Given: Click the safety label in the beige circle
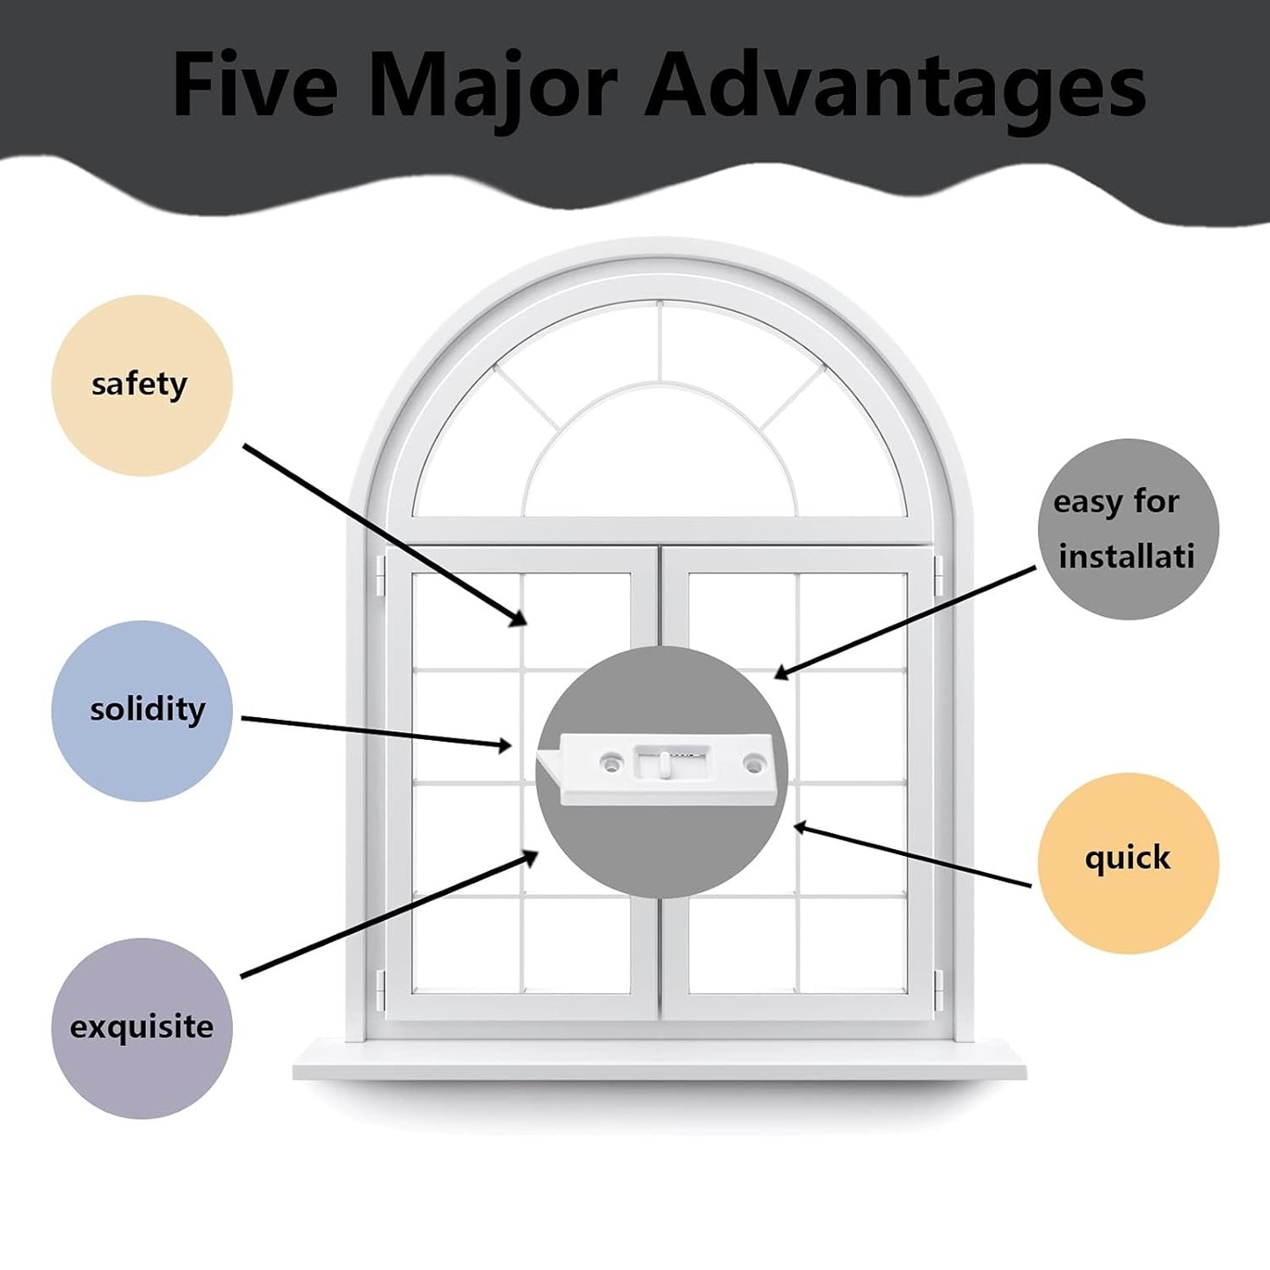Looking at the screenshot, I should [139, 384].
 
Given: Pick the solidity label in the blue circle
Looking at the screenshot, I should [147, 709].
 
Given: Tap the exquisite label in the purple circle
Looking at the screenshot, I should [142, 1027].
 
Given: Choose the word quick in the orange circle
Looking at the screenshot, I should [1127, 857].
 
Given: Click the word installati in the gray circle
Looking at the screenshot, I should [1126, 556].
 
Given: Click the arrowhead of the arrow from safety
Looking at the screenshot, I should [521, 620].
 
